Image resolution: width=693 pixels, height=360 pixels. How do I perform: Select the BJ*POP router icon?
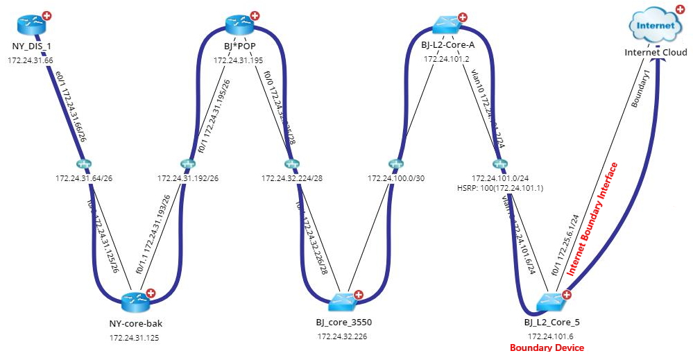click(x=239, y=26)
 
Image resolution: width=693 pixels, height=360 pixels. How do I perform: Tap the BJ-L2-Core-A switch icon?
click(x=447, y=25)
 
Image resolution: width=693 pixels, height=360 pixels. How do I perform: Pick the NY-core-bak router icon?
click(x=136, y=301)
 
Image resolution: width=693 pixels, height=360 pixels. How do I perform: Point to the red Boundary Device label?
click(x=547, y=348)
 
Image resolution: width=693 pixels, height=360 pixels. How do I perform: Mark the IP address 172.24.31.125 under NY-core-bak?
click(x=137, y=338)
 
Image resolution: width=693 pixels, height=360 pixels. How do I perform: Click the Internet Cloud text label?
click(x=656, y=53)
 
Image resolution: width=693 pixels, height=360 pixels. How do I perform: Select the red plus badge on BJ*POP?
click(x=255, y=15)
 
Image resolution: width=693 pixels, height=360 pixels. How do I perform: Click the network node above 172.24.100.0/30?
click(x=395, y=164)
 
